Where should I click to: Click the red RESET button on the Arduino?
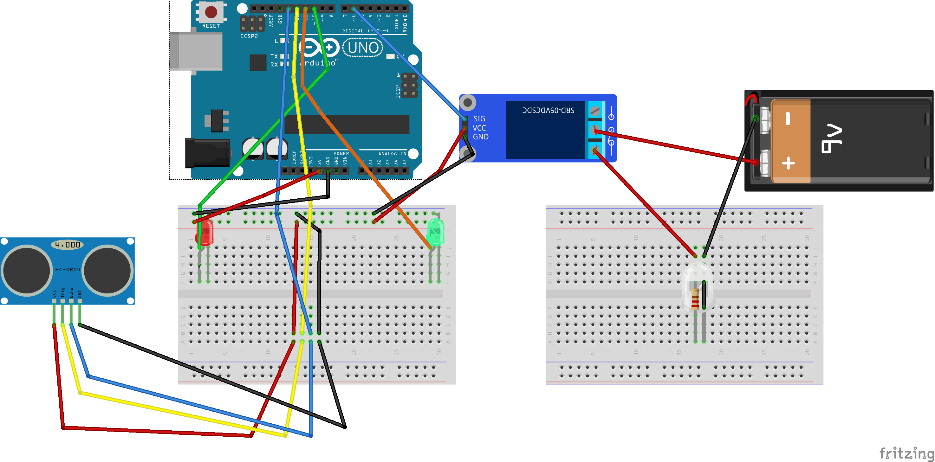pos(211,12)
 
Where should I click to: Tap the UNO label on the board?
pos(363,48)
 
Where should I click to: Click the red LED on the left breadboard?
pos(205,232)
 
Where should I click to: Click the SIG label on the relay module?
pos(479,119)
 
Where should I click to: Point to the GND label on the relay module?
pos(480,137)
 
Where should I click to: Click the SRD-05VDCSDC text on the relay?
pos(548,110)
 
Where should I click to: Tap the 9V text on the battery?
pos(832,139)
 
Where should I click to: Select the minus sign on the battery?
pos(788,119)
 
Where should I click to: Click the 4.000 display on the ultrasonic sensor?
pos(68,245)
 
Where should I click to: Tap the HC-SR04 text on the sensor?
pos(68,269)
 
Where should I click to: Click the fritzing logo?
pos(906,453)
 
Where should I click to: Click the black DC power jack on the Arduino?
pos(207,153)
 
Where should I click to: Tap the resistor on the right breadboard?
pos(695,299)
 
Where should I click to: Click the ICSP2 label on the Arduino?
pos(249,36)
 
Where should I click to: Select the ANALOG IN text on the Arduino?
pos(392,154)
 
